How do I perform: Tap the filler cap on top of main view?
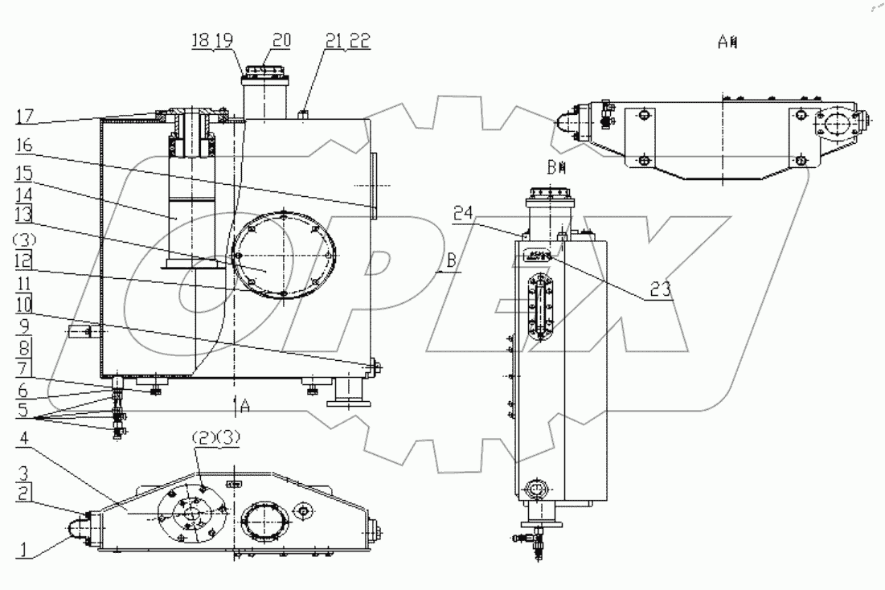pyautogui.click(x=266, y=72)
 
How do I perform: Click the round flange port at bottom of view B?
pyautogui.click(x=534, y=490)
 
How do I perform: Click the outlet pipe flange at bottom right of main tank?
pyautogui.click(x=348, y=398)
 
